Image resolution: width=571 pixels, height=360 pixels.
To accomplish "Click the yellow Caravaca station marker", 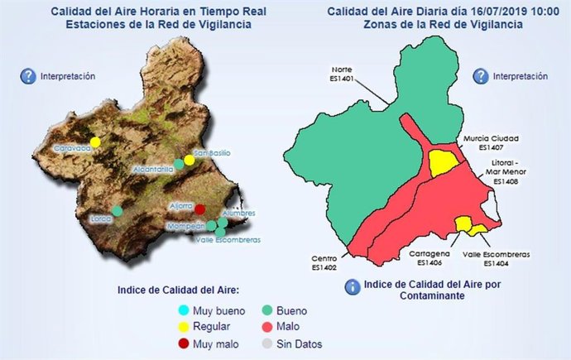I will click(x=95, y=142).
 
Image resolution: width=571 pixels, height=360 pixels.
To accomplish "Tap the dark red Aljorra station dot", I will click(x=199, y=209).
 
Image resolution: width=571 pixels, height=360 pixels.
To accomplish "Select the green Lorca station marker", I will click(x=118, y=211).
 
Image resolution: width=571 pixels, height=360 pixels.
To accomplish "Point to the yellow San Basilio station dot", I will click(x=190, y=160).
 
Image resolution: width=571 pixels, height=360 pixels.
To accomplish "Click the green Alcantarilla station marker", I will click(x=179, y=164).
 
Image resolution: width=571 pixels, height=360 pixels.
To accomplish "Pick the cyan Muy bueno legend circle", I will click(x=183, y=310).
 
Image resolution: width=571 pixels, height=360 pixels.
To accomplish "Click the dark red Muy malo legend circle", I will click(x=183, y=343).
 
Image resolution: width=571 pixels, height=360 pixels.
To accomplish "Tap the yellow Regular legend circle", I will click(x=183, y=327).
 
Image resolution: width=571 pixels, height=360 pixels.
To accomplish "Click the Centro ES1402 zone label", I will click(x=324, y=262).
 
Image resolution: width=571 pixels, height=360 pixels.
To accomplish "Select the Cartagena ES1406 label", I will click(x=430, y=258).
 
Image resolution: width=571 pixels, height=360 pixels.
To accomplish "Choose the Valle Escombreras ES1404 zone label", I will click(x=496, y=258).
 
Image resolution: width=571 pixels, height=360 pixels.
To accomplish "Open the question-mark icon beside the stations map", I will click(x=27, y=76).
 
